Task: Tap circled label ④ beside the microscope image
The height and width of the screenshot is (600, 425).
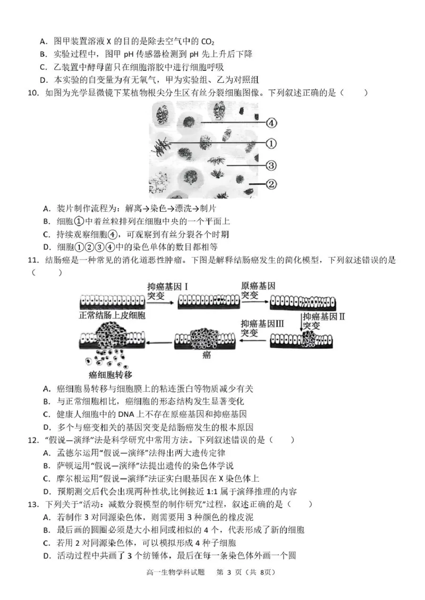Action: tap(271, 123)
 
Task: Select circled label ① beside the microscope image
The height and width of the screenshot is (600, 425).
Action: tap(271, 143)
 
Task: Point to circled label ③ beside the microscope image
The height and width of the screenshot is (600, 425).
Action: tap(271, 165)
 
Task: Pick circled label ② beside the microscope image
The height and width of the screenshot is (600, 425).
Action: tap(271, 185)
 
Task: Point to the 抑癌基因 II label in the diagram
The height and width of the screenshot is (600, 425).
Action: tap(325, 316)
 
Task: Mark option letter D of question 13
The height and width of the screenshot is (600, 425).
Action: tap(46, 556)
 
